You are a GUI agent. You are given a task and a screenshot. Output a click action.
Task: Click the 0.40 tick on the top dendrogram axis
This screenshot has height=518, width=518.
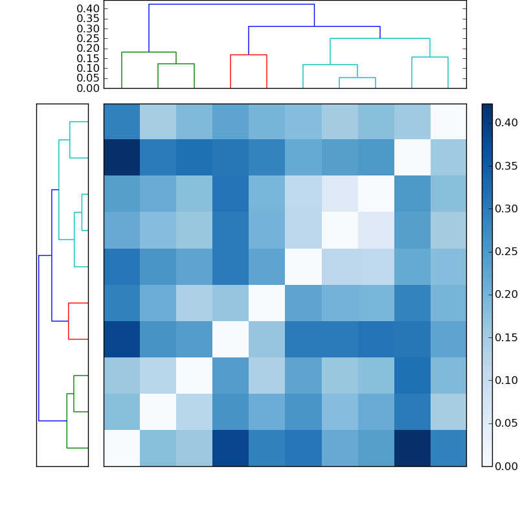click(x=89, y=8)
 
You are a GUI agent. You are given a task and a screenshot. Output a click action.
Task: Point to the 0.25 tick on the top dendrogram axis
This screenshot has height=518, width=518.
click(x=89, y=38)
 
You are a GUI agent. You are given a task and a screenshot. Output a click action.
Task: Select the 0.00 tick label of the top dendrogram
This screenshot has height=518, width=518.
click(x=89, y=88)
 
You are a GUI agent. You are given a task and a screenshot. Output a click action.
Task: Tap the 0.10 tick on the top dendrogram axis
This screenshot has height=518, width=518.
click(x=89, y=68)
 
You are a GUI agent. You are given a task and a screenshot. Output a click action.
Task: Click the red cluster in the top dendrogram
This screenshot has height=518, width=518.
click(x=249, y=56)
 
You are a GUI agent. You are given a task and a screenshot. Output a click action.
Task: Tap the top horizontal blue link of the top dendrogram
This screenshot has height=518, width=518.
click(x=231, y=5)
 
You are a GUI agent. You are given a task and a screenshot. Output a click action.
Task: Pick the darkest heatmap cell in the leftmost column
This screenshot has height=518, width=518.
click(x=122, y=158)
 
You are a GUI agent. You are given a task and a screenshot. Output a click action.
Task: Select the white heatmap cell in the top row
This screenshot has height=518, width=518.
click(x=448, y=122)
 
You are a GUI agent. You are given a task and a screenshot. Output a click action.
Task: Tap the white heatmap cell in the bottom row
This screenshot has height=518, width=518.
click(x=122, y=448)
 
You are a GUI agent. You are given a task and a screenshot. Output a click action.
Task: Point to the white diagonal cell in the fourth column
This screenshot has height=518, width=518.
click(x=231, y=339)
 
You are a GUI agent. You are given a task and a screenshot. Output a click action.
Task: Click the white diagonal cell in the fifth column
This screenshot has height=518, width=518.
click(x=267, y=303)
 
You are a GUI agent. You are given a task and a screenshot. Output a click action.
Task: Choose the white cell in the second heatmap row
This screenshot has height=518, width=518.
click(x=412, y=158)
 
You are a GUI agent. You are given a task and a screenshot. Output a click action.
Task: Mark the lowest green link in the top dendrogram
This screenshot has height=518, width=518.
click(x=176, y=64)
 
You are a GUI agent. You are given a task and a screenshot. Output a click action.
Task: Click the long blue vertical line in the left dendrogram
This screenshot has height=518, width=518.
click(x=39, y=338)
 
